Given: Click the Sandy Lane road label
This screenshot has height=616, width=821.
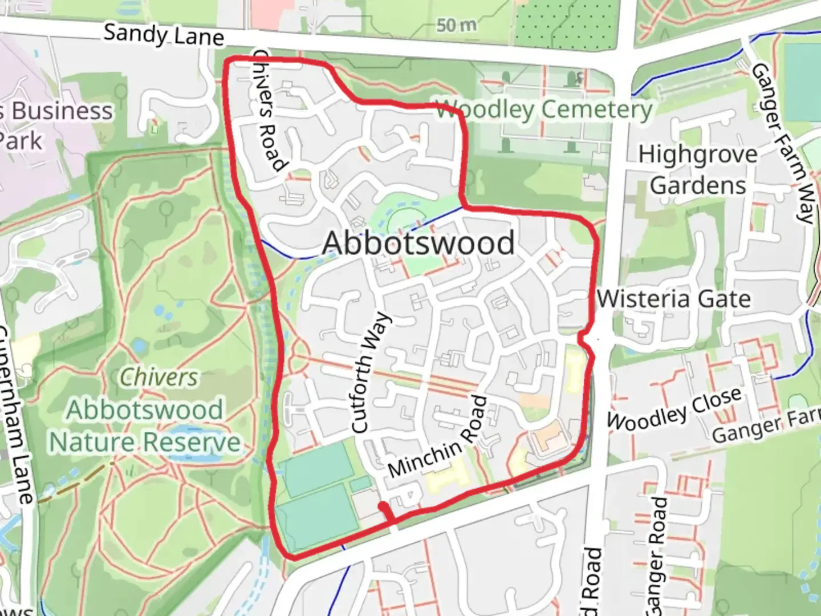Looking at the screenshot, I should tap(164, 35).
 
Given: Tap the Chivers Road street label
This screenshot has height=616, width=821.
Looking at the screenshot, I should tap(269, 111).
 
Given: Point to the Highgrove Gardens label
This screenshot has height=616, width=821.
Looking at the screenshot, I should tap(698, 170).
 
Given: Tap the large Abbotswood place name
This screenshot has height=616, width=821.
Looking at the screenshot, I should tap(418, 243).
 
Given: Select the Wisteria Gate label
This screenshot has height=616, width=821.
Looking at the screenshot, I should tap(673, 299).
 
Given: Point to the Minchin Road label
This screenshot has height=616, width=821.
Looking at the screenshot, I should tap(438, 437).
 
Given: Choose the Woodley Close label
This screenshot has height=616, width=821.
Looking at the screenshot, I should tap(674, 409).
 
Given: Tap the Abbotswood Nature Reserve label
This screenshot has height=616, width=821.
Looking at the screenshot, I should tap(145, 426).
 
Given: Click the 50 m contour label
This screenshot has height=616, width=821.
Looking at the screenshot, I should tap(457, 25).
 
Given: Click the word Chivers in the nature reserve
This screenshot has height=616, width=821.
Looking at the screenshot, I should tap(159, 377).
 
